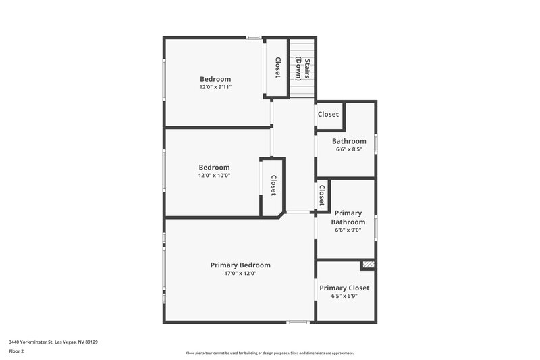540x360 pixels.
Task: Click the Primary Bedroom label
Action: [240, 265]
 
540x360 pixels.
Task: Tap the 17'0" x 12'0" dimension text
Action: [240, 274]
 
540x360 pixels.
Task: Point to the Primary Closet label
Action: [344, 288]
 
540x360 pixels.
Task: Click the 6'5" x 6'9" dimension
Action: [344, 296]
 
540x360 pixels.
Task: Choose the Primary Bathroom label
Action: [348, 217]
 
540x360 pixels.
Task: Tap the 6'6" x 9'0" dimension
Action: [348, 230]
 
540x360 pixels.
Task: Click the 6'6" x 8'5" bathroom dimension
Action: [348, 149]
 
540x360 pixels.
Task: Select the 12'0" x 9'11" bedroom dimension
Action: [215, 87]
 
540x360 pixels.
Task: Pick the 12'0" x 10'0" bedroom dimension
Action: [214, 176]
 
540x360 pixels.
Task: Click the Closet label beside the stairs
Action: [277, 67]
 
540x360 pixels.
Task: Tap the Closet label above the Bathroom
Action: [328, 115]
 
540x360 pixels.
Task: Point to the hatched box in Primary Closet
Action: [368, 265]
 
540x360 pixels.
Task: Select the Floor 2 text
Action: [16, 351]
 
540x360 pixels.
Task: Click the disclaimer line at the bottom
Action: [270, 353]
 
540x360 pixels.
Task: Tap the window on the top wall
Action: [254, 37]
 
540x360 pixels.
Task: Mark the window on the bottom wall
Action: [298, 322]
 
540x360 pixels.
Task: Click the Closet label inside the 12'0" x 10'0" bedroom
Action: [273, 186]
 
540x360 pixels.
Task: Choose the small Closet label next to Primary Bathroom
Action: [322, 195]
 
